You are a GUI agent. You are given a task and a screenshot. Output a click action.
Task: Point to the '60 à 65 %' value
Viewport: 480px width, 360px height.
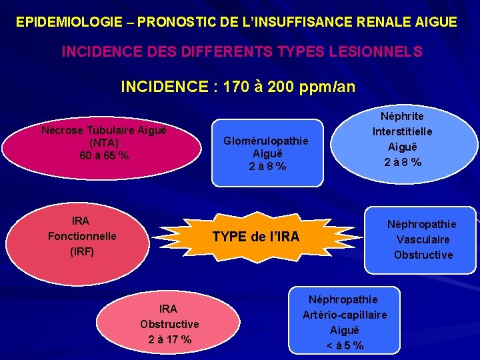coord(104,156)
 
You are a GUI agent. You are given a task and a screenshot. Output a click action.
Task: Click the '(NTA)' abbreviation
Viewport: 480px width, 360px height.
coord(104,143)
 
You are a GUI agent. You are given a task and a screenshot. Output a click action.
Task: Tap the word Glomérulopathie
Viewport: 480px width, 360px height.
coord(266,141)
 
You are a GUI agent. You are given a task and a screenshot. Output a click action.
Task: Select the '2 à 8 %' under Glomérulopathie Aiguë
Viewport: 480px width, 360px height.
coord(267,167)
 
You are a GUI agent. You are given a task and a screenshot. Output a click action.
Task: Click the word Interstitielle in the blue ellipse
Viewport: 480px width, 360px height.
coord(402,131)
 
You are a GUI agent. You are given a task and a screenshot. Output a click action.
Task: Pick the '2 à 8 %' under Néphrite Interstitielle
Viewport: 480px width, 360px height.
coord(402,161)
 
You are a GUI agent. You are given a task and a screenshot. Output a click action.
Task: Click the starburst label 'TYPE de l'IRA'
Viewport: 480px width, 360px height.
coord(255,237)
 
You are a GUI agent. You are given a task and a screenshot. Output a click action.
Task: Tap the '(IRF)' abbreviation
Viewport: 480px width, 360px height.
coord(82,252)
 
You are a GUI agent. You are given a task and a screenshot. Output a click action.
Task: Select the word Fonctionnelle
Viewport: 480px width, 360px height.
coord(82,237)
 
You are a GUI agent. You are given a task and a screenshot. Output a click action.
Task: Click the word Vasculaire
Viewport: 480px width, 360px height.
coord(423,239)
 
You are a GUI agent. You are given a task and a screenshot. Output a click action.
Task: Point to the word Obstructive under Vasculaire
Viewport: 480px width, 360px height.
coord(423,255)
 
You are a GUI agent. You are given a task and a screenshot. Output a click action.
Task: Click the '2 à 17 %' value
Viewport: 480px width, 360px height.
coord(169,340)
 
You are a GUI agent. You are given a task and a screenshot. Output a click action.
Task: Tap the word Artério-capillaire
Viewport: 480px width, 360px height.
coord(344,315)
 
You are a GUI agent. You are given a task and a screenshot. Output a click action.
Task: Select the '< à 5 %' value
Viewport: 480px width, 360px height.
coord(344,345)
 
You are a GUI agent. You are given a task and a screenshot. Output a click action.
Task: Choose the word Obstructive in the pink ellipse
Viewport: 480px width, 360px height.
coord(169,325)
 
